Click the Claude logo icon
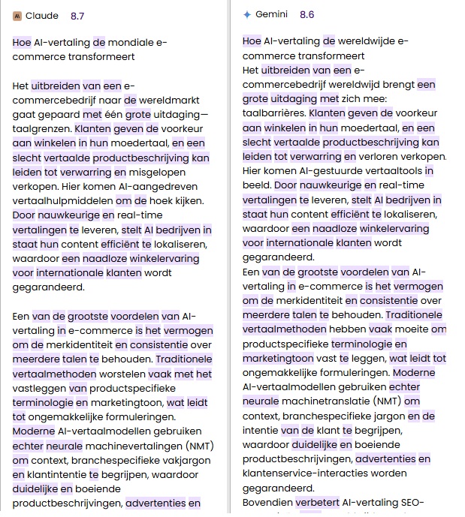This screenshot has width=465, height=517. click(x=17, y=15)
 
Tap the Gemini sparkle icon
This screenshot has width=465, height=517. click(x=247, y=14)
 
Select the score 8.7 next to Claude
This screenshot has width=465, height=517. click(x=77, y=15)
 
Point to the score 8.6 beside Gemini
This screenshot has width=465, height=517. click(x=306, y=14)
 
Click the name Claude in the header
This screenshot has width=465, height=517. click(x=42, y=15)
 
